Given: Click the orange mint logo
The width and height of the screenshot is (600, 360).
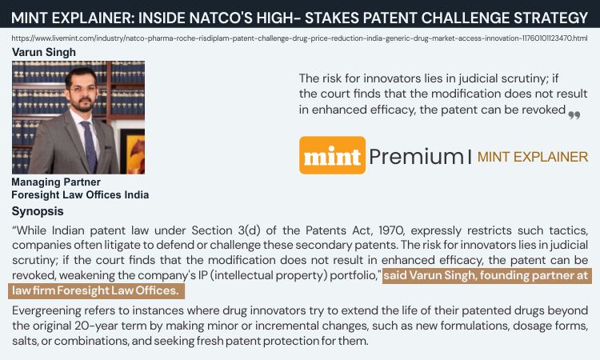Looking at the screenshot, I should coord(332,155).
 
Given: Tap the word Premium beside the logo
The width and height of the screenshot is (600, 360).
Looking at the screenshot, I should coord(416,156).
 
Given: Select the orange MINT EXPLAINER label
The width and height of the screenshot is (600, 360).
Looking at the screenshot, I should coord(532,157).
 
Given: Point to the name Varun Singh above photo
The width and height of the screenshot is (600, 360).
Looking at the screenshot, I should coord(44,52).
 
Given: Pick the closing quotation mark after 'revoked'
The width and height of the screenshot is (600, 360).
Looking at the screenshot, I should coord(574,114).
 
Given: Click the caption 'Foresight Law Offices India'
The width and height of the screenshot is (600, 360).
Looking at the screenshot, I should coord(80,194).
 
